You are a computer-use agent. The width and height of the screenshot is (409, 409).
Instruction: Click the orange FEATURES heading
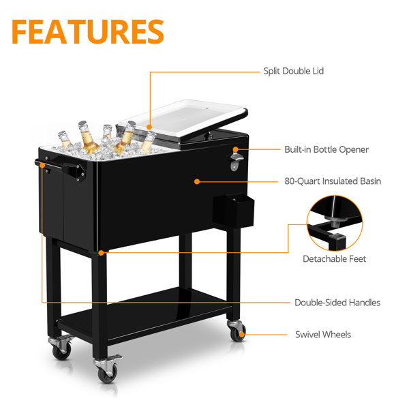tap(88, 31)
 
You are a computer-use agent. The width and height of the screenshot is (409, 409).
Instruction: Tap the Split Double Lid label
tap(293, 71)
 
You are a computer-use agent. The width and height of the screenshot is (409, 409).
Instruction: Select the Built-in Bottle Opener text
tap(327, 149)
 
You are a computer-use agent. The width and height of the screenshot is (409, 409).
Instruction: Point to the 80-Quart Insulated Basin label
tap(333, 181)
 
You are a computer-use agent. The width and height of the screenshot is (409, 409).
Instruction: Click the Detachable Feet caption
tap(335, 259)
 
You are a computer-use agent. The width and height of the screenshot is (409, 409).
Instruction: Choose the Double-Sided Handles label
tap(337, 303)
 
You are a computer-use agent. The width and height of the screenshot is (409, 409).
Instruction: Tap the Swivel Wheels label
tap(323, 335)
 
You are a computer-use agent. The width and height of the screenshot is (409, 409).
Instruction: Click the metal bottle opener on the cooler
tap(236, 162)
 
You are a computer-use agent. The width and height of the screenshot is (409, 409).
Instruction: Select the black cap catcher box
tap(233, 211)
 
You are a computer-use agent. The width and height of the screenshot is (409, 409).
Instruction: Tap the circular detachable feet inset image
tap(335, 224)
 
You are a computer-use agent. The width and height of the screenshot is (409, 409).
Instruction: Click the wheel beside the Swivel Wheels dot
tap(237, 333)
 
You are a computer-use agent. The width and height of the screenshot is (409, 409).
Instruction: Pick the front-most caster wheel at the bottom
tap(108, 374)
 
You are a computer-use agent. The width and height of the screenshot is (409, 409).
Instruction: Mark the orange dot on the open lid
tap(149, 127)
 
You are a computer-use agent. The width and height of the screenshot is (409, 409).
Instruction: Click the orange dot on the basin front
tap(197, 181)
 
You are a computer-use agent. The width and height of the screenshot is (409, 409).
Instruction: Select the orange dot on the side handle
tap(42, 165)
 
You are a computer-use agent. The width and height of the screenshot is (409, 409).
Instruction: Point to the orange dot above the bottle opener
tap(236, 149)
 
